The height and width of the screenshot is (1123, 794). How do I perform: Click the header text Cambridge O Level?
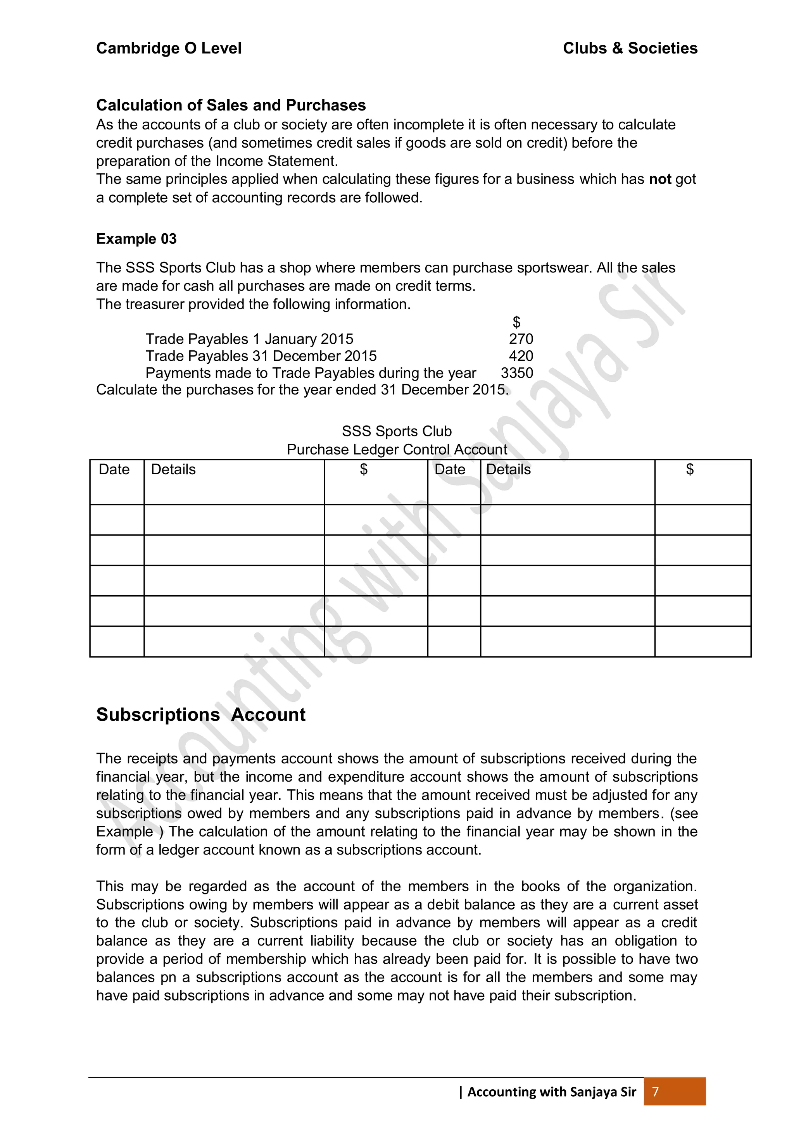click(x=169, y=48)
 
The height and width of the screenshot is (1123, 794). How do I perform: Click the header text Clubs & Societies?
click(x=630, y=48)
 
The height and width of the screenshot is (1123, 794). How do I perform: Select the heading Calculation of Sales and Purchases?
click(x=231, y=105)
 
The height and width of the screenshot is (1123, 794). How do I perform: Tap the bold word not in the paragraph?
click(x=659, y=179)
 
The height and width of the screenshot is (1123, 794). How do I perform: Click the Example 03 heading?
click(x=136, y=239)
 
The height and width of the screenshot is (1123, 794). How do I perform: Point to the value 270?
click(x=521, y=339)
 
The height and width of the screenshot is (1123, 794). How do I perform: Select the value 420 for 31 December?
click(x=521, y=356)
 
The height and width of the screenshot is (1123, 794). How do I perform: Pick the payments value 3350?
click(x=517, y=373)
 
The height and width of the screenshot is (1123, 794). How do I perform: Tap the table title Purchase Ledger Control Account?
click(x=397, y=450)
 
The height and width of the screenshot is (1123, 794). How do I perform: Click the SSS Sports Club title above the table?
click(x=397, y=431)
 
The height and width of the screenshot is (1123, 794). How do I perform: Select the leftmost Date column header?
click(x=114, y=470)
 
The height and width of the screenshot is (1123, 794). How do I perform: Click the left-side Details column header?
click(x=173, y=470)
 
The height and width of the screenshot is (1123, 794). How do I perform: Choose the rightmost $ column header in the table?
click(x=690, y=470)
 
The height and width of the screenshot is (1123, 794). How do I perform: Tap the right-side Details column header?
click(x=508, y=470)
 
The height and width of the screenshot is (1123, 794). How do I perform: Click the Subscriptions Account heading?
click(x=200, y=715)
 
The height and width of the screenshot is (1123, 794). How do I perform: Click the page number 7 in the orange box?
click(x=656, y=1092)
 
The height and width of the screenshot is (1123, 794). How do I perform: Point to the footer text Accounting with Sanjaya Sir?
click(x=551, y=1092)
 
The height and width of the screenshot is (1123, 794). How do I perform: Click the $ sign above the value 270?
click(x=516, y=322)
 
